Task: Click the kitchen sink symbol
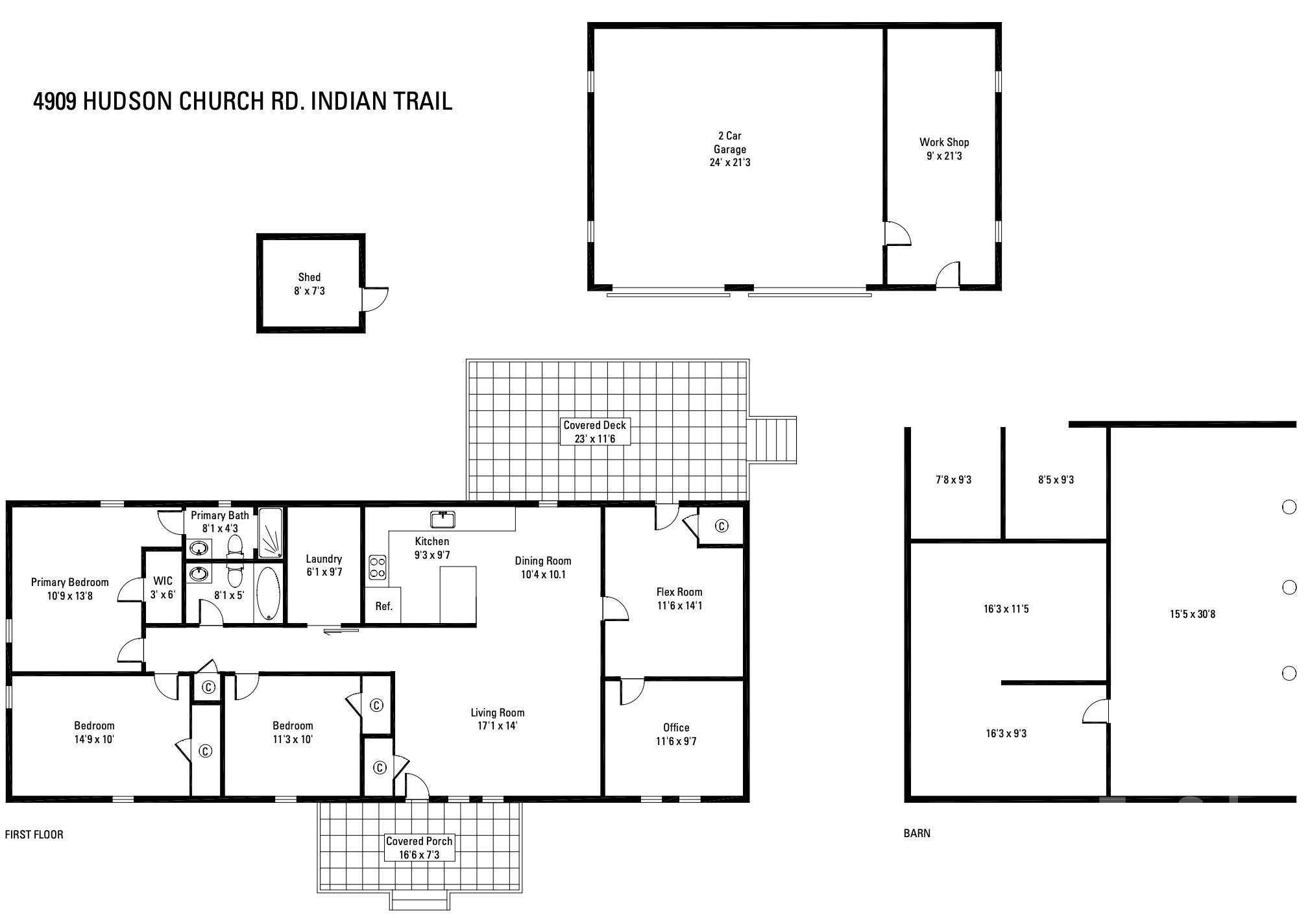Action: [x=443, y=519]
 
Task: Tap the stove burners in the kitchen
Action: [x=378, y=567]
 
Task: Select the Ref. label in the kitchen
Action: [x=384, y=606]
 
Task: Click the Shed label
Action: [x=309, y=277]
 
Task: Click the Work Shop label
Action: [x=944, y=142]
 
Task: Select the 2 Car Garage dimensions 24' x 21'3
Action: [x=730, y=162]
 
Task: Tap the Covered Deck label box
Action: [x=595, y=432]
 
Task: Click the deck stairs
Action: [x=772, y=439]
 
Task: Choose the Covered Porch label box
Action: [x=419, y=848]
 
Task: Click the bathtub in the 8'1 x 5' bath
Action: [x=268, y=594]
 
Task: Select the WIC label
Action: [x=163, y=581]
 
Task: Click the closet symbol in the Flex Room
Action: [x=721, y=526]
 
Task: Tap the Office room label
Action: [x=676, y=727]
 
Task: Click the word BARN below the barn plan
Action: [x=917, y=833]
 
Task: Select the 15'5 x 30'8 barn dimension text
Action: [x=1193, y=614]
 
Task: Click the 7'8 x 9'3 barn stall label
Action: [x=953, y=480]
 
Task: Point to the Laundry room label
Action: [x=324, y=559]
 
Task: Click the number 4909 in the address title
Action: [x=55, y=101]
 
